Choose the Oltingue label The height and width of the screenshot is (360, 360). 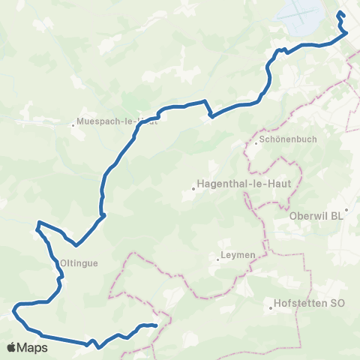point(76,263)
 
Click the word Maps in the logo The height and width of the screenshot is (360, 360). point(34,348)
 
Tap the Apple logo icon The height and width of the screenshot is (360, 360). point(11,347)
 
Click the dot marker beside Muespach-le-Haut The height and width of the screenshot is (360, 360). point(73,124)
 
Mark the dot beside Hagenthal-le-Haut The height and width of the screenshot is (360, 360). point(193,188)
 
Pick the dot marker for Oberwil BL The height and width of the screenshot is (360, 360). point(346,211)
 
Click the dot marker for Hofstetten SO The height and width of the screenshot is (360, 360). point(272,306)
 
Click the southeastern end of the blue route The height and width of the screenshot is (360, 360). point(154,325)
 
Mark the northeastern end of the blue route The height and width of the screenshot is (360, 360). point(340,13)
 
